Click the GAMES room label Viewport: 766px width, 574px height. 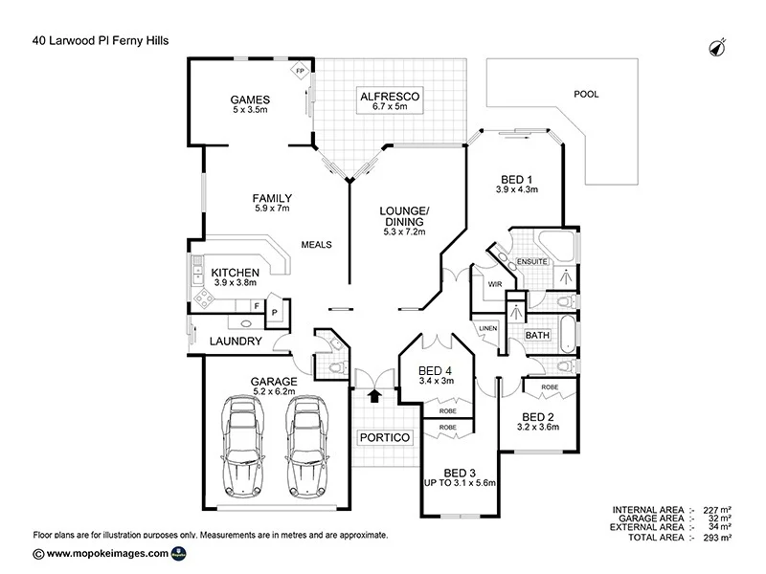(x=250, y=99)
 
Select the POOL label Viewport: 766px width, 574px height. (x=585, y=95)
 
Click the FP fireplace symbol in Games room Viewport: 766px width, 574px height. (x=300, y=72)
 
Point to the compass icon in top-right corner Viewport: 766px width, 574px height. (x=715, y=46)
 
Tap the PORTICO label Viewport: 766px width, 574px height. (x=384, y=437)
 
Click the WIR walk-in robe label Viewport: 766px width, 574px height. (x=495, y=284)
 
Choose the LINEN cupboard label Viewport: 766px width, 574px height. (x=488, y=328)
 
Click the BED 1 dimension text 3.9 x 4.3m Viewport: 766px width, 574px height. (x=517, y=189)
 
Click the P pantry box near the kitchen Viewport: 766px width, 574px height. (x=273, y=312)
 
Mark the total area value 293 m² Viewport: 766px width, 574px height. (x=715, y=538)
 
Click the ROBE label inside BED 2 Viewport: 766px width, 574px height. (x=550, y=387)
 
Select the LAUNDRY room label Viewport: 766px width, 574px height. (x=235, y=342)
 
